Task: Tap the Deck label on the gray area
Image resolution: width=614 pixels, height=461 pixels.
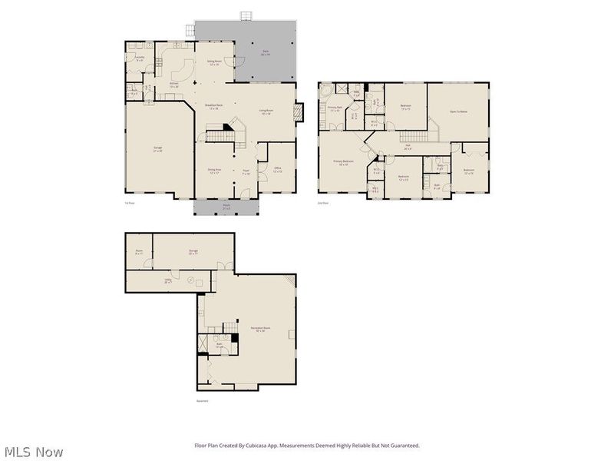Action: click(x=265, y=53)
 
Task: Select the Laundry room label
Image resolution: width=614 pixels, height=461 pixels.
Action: click(x=140, y=58)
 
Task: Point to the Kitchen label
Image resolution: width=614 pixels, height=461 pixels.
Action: click(x=174, y=85)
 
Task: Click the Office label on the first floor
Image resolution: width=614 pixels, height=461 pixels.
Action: click(x=278, y=169)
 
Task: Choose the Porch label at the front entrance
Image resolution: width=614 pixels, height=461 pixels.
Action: click(x=226, y=206)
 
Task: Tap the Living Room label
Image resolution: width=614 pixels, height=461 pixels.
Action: click(x=265, y=112)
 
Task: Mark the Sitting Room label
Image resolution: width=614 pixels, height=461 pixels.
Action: click(x=214, y=63)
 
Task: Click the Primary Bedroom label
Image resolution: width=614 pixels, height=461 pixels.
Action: click(x=342, y=162)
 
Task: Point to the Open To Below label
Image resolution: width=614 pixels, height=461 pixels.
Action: click(x=458, y=112)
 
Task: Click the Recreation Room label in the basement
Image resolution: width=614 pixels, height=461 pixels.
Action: click(x=258, y=330)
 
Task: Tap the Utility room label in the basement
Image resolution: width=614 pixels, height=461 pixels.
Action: click(x=167, y=281)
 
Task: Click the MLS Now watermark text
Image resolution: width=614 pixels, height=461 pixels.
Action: click(x=32, y=452)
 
